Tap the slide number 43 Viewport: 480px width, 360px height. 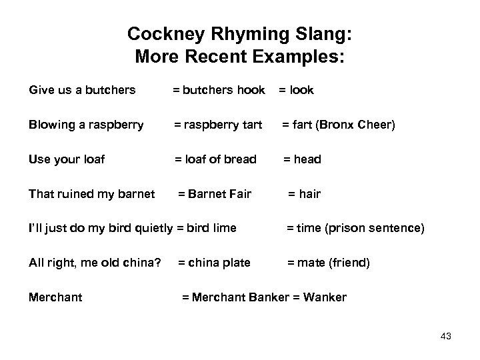tap(446, 337)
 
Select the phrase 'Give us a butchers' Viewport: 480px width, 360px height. tap(82, 90)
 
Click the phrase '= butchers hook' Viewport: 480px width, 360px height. tap(219, 90)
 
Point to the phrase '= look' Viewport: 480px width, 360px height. tap(296, 90)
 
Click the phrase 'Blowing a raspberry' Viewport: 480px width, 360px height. tap(86, 125)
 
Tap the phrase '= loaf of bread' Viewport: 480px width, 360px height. tap(215, 159)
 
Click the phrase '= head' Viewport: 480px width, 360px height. tap(302, 159)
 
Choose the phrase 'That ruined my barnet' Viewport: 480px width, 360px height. tap(92, 194)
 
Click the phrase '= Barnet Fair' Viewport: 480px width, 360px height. tap(214, 194)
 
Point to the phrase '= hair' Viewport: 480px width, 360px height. tap(304, 194)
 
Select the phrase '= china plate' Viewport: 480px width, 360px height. tap(214, 263)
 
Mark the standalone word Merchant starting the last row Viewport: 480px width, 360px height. tap(56, 298)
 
